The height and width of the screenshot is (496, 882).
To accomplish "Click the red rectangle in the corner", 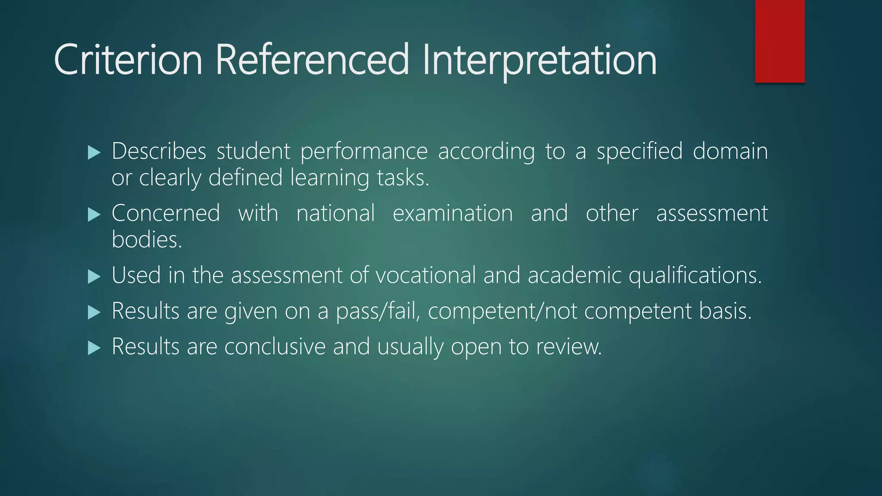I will [x=780, y=41].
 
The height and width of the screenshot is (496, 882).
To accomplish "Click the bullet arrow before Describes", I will [x=94, y=152].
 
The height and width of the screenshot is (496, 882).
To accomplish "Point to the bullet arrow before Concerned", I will [x=94, y=214].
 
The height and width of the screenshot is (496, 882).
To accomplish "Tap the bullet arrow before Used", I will [x=94, y=276].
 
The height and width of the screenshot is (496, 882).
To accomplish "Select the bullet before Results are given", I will [x=94, y=312].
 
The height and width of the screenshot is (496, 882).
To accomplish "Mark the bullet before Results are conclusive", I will [x=94, y=347].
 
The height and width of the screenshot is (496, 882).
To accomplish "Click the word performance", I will [x=364, y=152].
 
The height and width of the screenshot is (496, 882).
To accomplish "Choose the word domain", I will [x=730, y=151].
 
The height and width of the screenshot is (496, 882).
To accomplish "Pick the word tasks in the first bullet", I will [x=403, y=177].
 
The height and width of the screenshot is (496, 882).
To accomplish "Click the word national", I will [x=335, y=213].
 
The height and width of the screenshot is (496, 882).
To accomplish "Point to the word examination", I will [x=453, y=213].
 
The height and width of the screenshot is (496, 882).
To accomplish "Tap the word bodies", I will [x=146, y=239].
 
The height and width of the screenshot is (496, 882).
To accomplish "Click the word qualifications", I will [x=695, y=276].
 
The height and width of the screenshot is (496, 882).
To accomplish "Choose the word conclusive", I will [x=275, y=347].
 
